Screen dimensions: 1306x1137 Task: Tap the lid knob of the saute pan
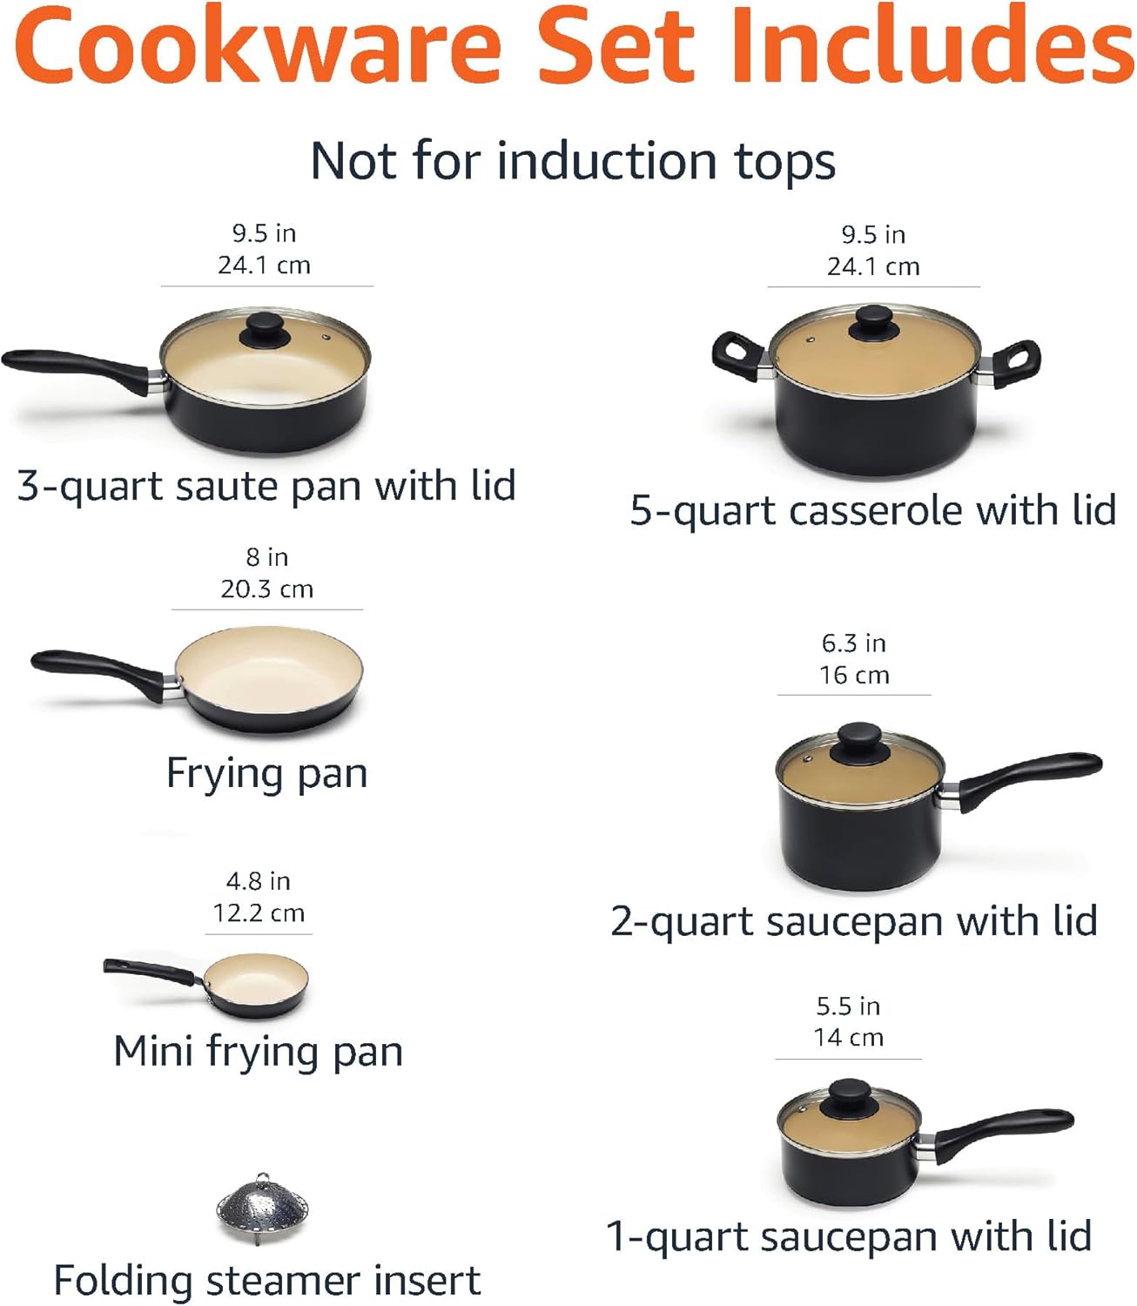(266, 331)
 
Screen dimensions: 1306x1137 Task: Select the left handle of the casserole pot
(737, 356)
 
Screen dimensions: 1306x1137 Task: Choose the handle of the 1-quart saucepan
(1001, 1132)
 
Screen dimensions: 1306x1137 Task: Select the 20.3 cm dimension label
(266, 589)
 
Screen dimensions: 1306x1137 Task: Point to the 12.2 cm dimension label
(259, 913)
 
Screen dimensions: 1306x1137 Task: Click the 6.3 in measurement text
(853, 643)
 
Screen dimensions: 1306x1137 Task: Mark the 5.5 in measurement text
(848, 1006)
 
